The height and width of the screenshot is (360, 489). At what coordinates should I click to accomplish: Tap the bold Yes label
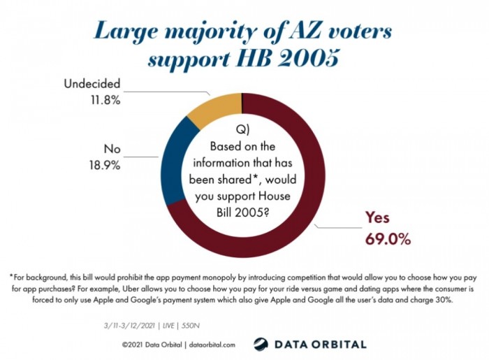pyautogui.click(x=379, y=218)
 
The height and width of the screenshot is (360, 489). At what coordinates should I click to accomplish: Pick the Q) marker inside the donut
pyautogui.click(x=242, y=131)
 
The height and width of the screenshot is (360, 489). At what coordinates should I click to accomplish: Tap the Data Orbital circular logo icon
pyautogui.click(x=261, y=344)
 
